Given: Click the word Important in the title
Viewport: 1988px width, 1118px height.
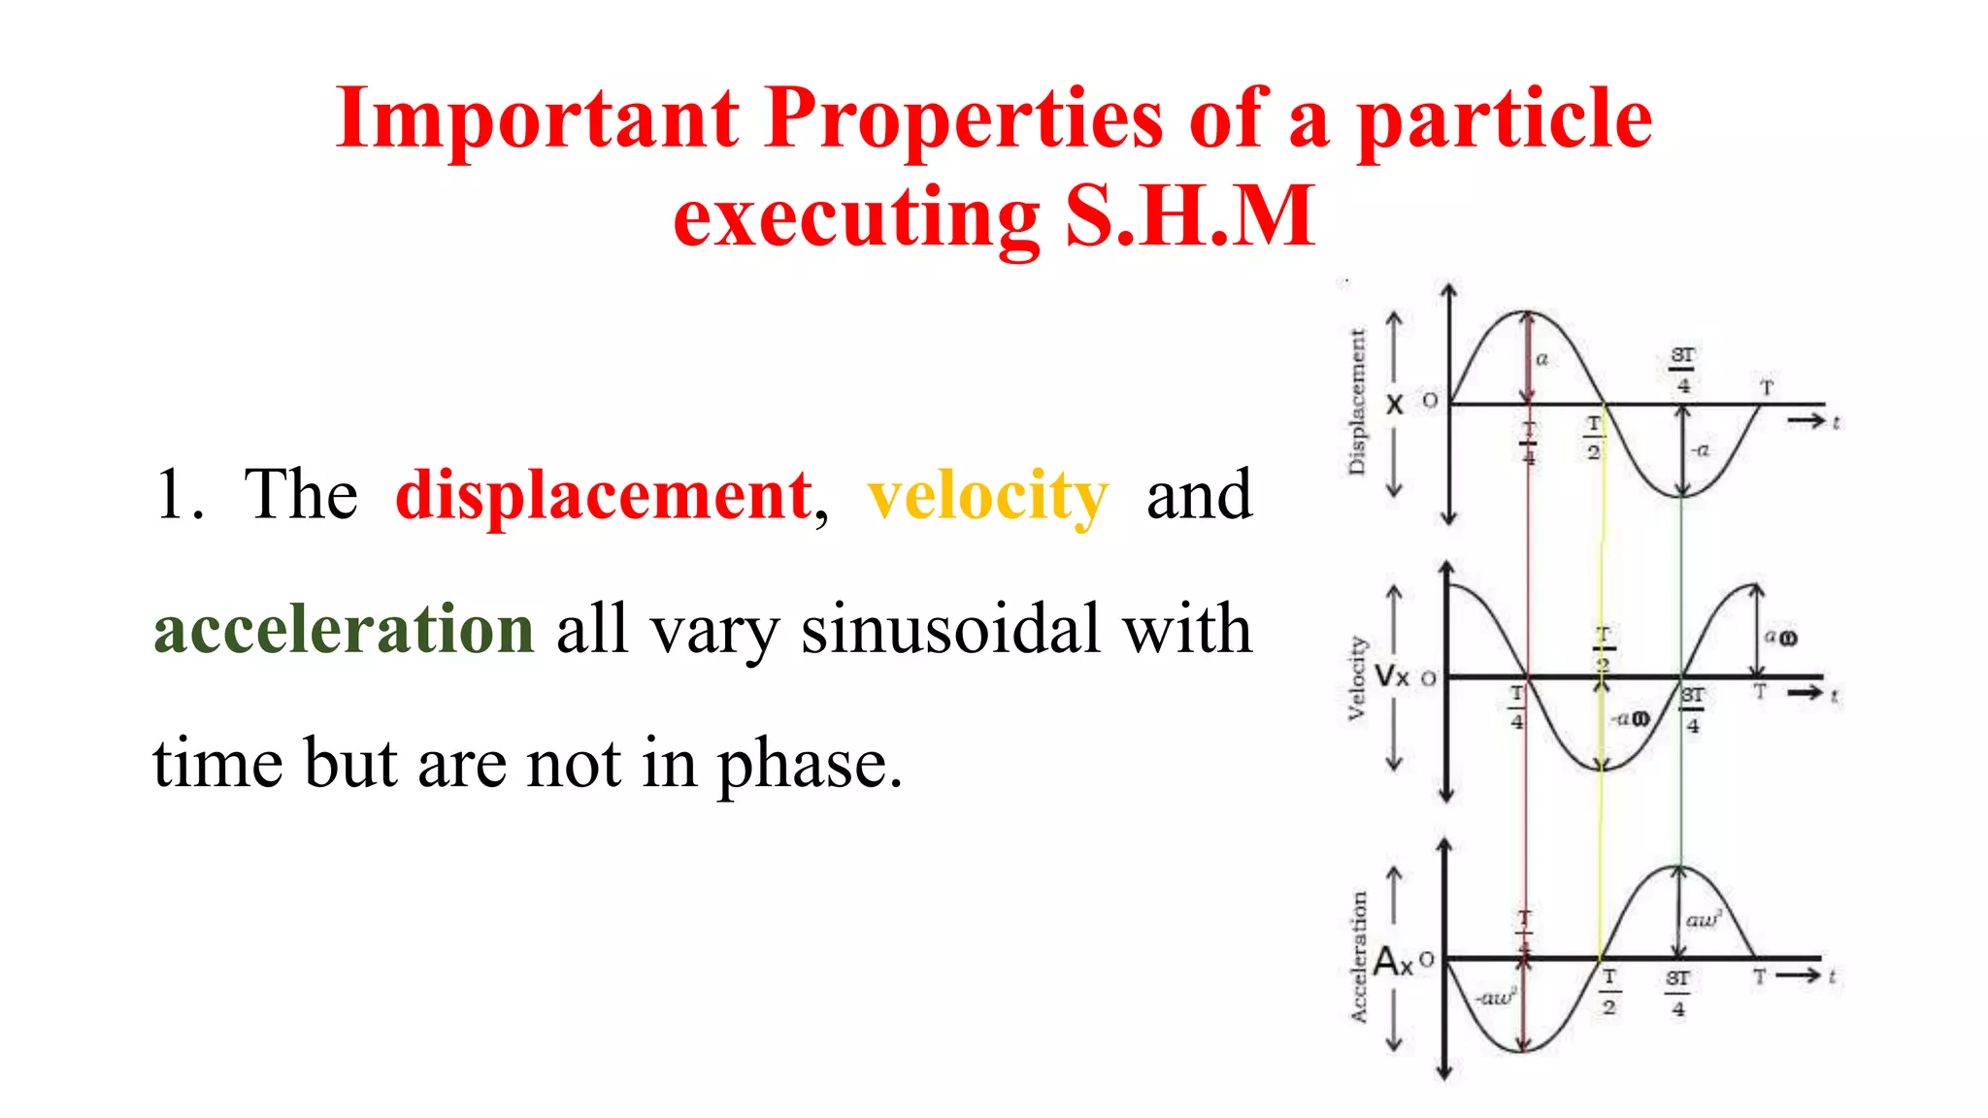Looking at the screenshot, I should point(537,118).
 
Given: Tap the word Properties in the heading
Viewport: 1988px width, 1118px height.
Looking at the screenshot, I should point(963,120).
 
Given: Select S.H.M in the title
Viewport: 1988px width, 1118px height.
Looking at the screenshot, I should point(1190,217).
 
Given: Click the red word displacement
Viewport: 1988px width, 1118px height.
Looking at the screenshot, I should point(604,495).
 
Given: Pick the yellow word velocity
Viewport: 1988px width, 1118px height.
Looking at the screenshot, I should point(987,497).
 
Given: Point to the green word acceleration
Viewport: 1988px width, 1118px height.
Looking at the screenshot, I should point(344,629).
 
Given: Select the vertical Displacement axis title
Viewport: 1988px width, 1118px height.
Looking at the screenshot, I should point(1357,402).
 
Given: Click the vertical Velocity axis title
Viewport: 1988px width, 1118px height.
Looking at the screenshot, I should point(1357,678).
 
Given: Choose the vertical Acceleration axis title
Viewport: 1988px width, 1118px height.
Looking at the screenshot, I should point(1358,957).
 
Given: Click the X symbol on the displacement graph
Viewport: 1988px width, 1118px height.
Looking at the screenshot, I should point(1394,405).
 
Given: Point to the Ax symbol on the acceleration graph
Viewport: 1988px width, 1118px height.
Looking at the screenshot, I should point(1393,962).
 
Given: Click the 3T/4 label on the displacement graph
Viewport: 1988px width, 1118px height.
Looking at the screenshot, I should point(1683,370).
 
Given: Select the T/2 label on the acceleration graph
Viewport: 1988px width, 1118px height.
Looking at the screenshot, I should point(1608,992).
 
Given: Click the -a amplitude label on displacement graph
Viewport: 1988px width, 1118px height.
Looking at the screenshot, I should point(1700,450).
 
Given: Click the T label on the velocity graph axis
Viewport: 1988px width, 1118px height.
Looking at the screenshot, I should point(1759,692).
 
